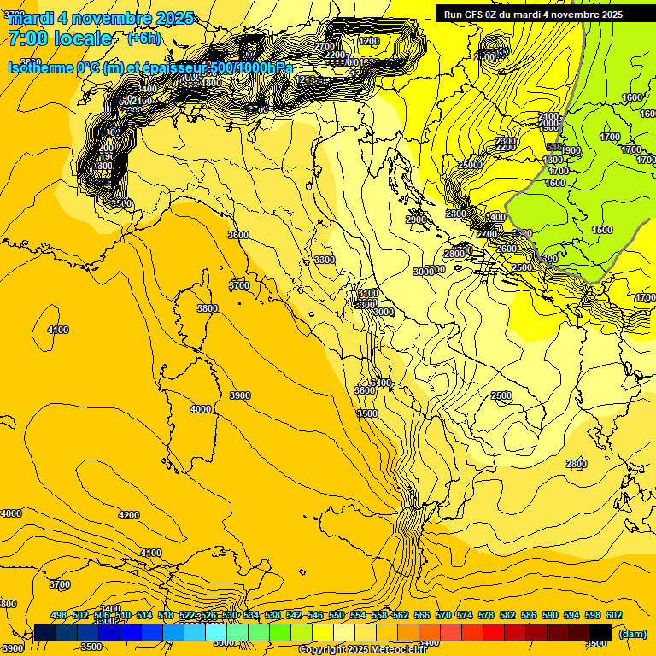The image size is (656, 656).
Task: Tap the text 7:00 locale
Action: [61, 38]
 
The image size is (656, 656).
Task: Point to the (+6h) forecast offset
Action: [143, 38]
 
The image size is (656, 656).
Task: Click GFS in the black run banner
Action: [477, 15]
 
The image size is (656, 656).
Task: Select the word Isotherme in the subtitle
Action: [41, 67]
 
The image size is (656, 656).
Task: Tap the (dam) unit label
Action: [633, 634]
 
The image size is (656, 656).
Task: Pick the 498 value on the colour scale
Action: [59, 616]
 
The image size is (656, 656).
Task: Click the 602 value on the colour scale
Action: [613, 616]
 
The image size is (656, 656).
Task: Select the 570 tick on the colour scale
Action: [443, 616]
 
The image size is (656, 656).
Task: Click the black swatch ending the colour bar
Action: [600, 632]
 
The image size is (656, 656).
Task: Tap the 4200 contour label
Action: [129, 515]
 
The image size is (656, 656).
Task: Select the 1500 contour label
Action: [602, 230]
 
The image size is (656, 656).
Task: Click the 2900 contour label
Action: [416, 220]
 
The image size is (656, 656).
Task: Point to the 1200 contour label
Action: [370, 41]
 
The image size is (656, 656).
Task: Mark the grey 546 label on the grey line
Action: [553, 148]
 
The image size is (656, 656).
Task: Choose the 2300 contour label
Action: [506, 141]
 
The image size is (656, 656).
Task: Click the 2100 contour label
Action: [548, 116]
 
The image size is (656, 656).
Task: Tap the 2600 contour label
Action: [507, 249]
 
